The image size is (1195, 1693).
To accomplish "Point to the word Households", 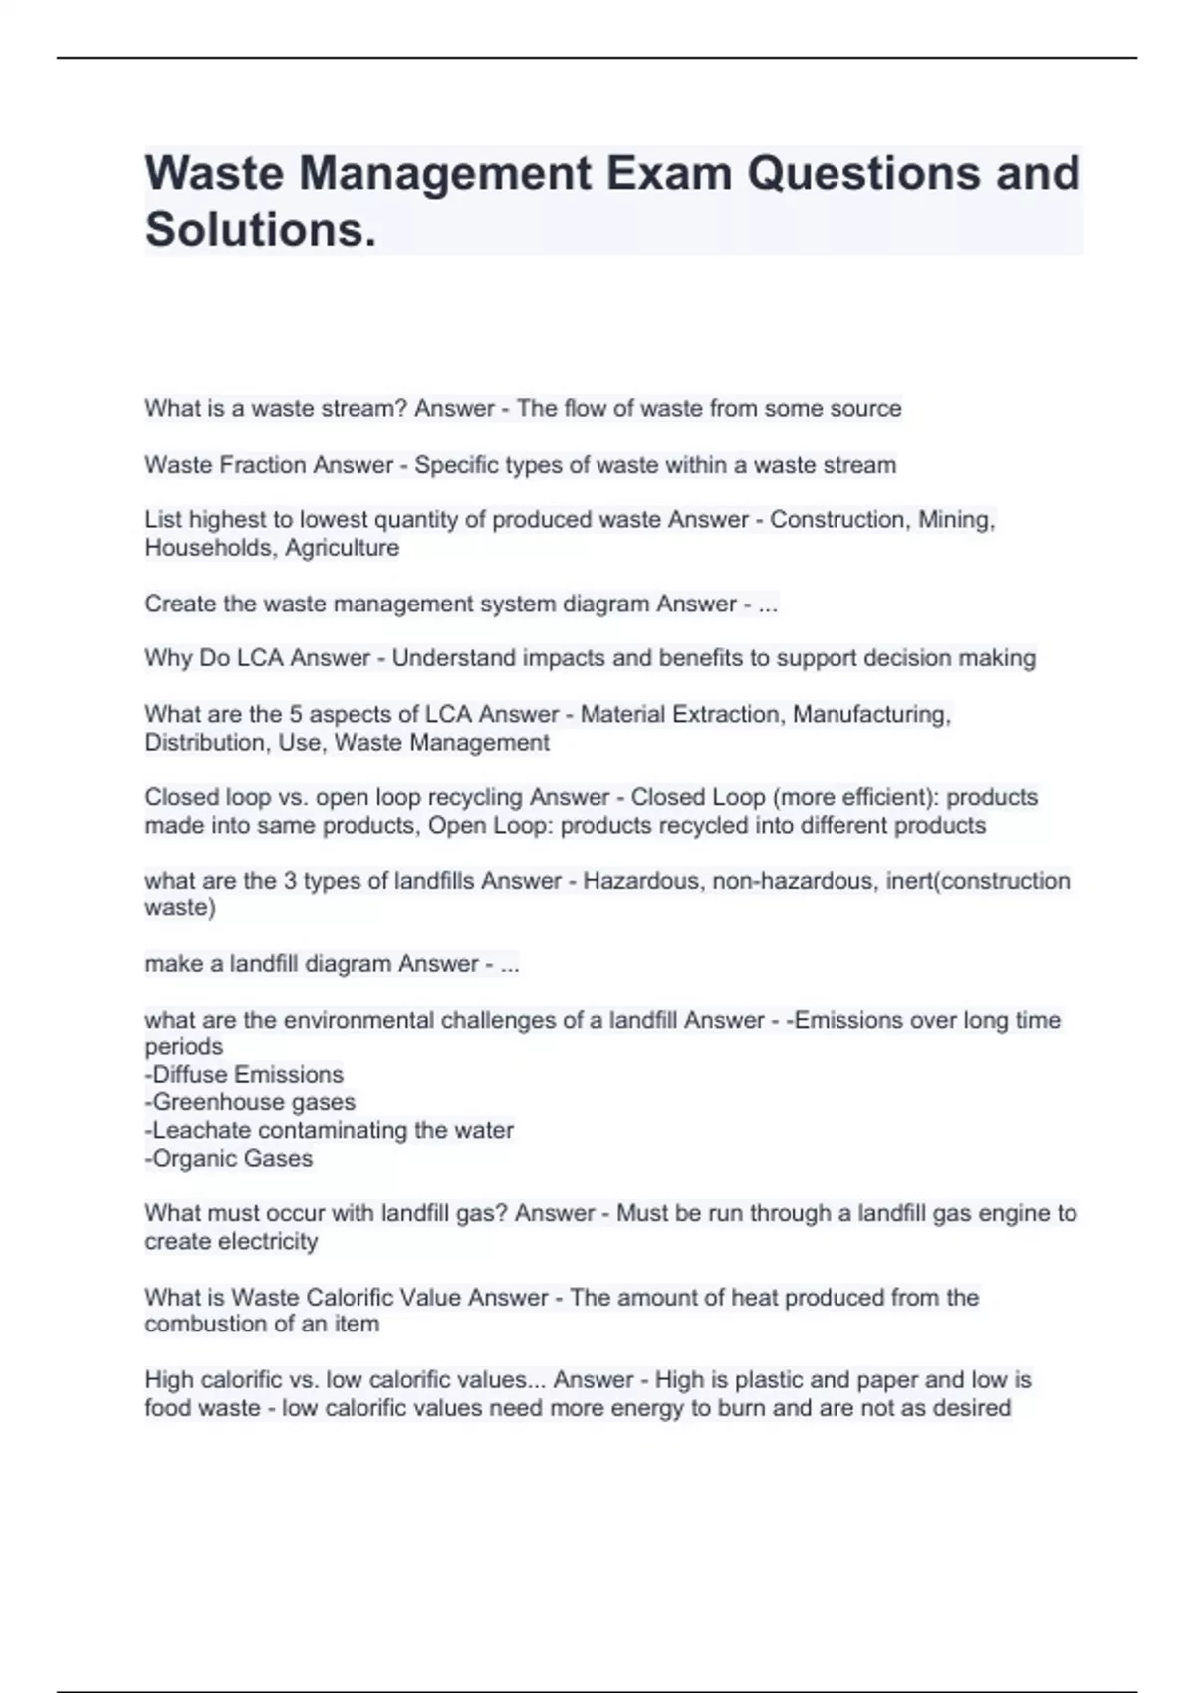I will pyautogui.click(x=207, y=548).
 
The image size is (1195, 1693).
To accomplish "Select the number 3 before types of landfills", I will pyautogui.click(x=290, y=881).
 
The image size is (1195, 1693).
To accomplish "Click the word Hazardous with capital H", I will pyautogui.click(x=640, y=881).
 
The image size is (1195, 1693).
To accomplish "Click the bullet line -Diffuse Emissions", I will pyautogui.click(x=244, y=1075).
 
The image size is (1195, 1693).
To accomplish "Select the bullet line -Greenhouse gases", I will pyautogui.click(x=250, y=1102).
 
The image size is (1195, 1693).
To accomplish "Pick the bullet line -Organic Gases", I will pyautogui.click(x=229, y=1159).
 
